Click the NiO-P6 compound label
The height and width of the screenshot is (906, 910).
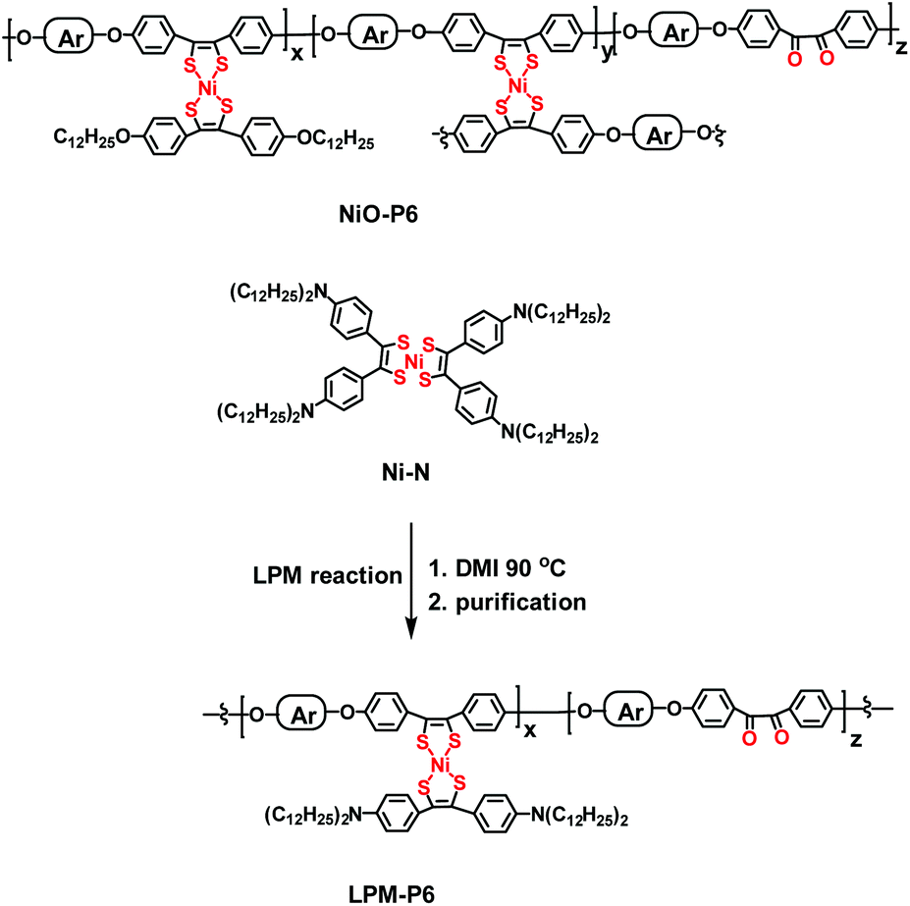click(378, 215)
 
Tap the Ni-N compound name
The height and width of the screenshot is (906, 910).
click(406, 473)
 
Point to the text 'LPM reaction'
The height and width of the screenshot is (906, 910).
click(327, 575)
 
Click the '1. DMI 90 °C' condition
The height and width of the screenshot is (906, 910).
click(497, 567)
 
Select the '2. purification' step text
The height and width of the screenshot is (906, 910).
click(508, 603)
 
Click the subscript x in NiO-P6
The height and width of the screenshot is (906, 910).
click(297, 54)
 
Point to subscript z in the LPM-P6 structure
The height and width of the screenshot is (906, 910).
click(855, 740)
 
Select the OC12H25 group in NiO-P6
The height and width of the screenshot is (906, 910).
click(335, 139)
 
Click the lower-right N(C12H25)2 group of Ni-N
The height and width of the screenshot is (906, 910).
click(550, 433)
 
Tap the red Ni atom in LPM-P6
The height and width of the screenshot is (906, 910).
click(441, 766)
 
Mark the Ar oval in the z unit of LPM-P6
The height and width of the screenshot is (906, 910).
click(630, 713)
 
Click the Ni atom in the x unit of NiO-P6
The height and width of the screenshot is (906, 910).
click(207, 88)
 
